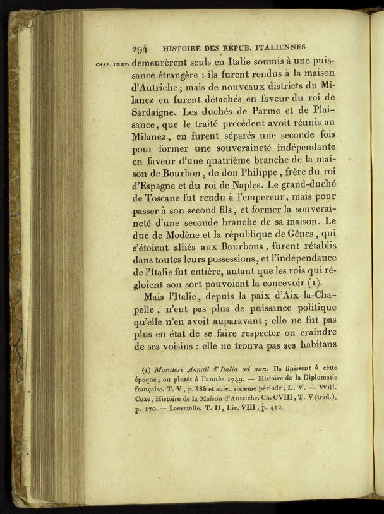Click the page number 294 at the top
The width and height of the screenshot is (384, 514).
(140, 47)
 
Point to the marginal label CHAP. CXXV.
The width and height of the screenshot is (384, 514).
(112, 63)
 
